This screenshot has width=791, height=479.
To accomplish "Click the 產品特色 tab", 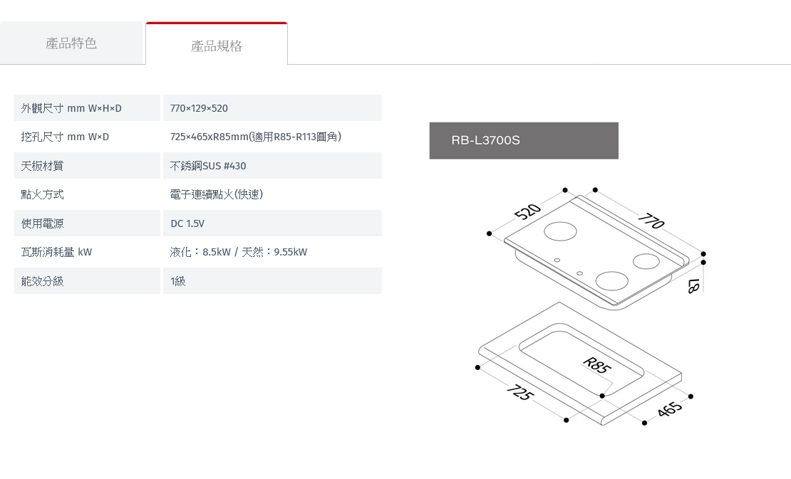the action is click(x=71, y=43).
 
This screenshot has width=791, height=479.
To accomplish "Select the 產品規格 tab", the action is click(x=217, y=46).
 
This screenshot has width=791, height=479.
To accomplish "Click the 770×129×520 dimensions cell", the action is click(x=272, y=107).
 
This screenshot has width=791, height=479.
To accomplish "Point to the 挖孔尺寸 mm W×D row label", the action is click(x=65, y=137).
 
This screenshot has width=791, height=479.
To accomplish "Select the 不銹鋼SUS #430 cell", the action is click(x=272, y=166).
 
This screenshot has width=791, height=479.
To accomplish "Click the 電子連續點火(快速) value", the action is click(x=217, y=194).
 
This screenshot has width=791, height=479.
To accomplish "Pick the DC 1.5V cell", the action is click(x=272, y=223).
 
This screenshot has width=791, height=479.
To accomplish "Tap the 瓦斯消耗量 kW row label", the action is click(x=56, y=252).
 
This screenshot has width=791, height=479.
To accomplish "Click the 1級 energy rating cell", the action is click(x=272, y=281).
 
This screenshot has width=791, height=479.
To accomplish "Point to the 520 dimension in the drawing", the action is click(x=527, y=211).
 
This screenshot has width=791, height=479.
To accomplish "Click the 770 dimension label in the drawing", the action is click(x=651, y=221).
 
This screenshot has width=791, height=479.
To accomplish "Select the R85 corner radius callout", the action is click(x=596, y=365).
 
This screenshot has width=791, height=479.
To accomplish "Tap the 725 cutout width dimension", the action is click(x=519, y=392).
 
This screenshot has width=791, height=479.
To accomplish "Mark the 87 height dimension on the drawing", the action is click(x=694, y=286).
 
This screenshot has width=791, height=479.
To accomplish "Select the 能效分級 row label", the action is click(x=42, y=281).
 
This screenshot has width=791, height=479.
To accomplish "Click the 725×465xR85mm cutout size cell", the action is click(x=256, y=137).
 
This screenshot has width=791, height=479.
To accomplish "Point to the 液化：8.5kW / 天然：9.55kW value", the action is click(x=239, y=252).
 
